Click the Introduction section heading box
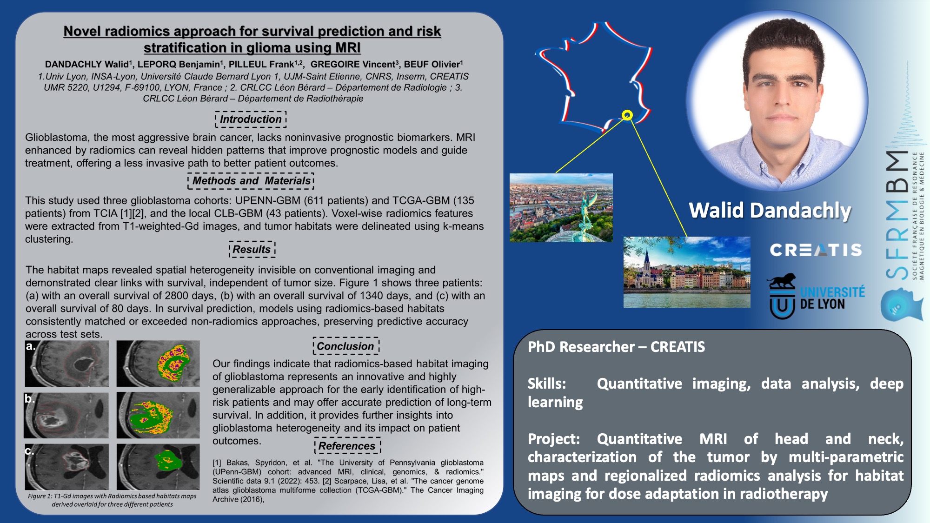[251, 119]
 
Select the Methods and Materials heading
[251, 180]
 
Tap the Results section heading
[252, 249]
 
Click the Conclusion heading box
[346, 346]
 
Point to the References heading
[347, 446]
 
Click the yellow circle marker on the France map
[627, 115]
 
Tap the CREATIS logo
[816, 250]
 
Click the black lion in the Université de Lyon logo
[782, 281]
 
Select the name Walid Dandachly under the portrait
[770, 210]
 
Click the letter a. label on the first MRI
[31, 346]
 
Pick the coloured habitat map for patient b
[158, 415]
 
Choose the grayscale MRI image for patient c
[66, 467]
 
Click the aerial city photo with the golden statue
[561, 208]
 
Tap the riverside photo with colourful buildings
[687, 272]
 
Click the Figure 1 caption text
[112, 500]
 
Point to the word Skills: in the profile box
[547, 384]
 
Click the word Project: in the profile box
[554, 439]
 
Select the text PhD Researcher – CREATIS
[616, 347]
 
